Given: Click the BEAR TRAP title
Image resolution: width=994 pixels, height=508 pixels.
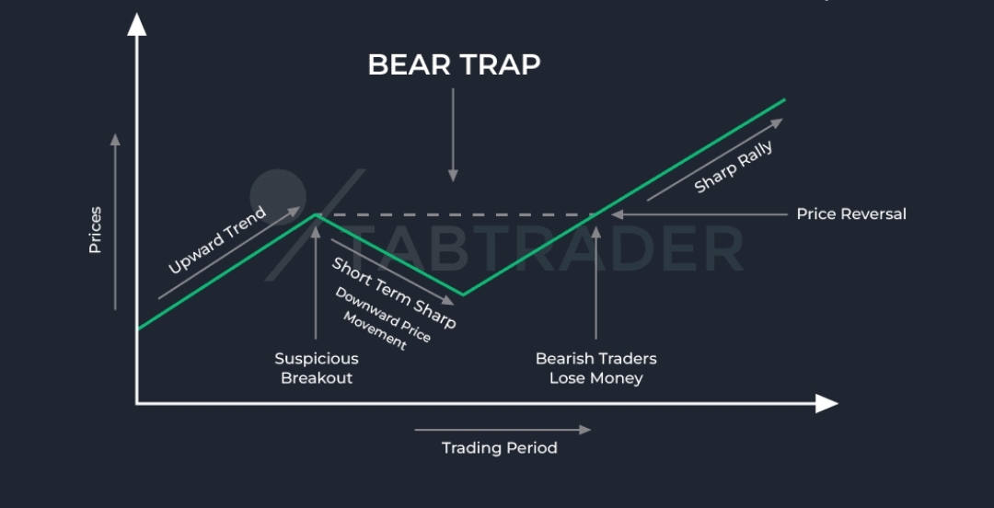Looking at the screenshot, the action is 454,64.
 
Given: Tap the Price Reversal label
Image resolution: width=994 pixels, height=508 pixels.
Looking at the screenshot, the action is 851,214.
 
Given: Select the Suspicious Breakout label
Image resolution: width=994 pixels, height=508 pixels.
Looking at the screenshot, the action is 317,368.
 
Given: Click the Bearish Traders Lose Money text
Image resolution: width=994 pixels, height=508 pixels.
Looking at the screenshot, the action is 595,368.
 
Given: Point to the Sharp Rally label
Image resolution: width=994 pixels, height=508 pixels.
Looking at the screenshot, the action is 734,168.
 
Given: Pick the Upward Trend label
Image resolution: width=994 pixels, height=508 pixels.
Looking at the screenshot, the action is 217,240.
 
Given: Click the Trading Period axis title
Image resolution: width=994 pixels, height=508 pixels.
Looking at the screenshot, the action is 500,448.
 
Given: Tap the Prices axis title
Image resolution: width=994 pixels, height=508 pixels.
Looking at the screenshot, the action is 95,229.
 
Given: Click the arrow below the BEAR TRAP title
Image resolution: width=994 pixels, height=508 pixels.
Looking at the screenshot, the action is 453,135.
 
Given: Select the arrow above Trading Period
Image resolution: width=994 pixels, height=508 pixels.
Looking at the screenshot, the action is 503,430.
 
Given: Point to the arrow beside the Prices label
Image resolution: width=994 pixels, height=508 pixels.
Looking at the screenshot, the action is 115,222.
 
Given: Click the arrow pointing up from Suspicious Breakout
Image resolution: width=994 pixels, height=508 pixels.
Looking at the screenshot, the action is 316,283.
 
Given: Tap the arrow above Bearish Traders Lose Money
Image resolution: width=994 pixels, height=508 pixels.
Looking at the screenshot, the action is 595,283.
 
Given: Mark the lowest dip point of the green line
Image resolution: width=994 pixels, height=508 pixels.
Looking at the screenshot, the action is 463,294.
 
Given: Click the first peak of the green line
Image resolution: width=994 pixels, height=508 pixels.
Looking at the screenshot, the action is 316,215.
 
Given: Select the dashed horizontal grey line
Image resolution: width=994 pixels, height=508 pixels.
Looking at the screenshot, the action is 457,215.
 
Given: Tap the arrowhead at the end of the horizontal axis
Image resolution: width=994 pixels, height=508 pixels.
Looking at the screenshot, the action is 826,403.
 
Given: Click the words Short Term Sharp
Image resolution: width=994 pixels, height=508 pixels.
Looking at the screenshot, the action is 394,293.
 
